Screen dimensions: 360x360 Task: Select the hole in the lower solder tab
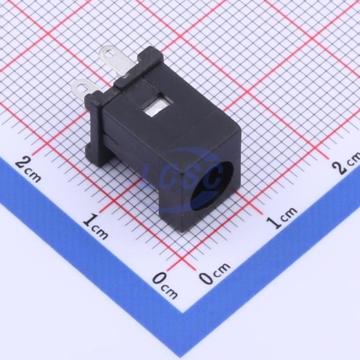pos(81,88)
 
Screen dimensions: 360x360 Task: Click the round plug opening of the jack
pos(212,185)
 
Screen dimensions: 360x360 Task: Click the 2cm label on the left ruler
pos(28,169)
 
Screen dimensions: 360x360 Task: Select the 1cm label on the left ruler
pos(96,226)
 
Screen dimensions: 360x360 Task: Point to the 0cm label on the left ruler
pos(165,285)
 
